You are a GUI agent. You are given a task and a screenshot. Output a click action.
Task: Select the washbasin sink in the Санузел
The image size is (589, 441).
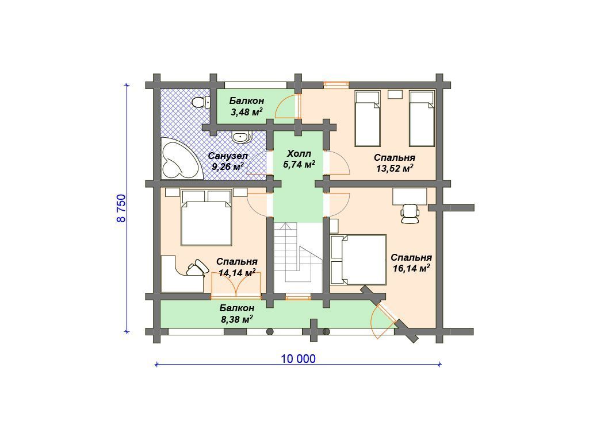(241, 137)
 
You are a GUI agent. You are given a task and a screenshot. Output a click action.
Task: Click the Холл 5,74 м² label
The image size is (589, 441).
(299, 159)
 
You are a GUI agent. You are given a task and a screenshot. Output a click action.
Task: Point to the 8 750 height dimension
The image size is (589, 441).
(122, 208)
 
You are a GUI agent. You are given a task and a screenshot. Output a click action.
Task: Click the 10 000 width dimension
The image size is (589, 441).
(299, 359)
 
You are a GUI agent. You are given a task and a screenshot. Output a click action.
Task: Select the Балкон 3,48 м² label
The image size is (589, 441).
(246, 106)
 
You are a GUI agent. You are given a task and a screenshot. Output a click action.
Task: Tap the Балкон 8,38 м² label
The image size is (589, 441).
(236, 314)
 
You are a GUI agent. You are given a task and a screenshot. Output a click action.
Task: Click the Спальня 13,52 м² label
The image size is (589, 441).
(395, 163)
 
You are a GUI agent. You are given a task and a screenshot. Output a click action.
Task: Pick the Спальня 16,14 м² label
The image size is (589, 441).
(411, 263)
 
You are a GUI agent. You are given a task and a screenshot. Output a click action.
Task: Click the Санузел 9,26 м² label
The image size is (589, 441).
(228, 161)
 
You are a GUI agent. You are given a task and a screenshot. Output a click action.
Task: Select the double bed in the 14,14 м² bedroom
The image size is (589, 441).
(206, 218)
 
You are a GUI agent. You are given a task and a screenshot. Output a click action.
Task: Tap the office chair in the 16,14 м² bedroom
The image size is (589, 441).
(410, 214)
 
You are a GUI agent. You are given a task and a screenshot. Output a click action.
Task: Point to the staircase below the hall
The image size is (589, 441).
(298, 257)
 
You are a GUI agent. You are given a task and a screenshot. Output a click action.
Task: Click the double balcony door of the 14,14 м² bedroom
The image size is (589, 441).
(236, 285)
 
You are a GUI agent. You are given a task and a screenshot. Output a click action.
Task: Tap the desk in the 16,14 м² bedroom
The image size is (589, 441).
(410, 196)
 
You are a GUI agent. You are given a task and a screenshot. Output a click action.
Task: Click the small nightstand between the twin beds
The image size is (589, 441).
(395, 95)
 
